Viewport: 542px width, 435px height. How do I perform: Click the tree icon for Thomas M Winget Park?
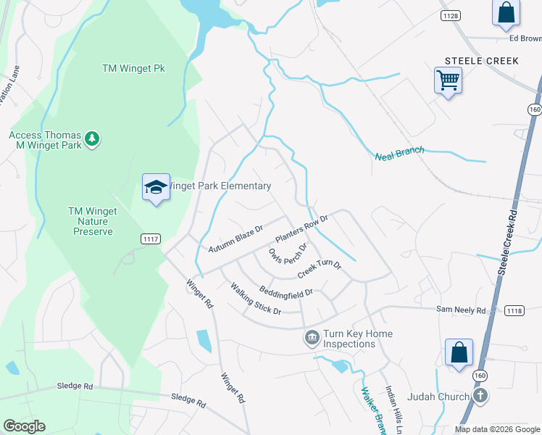point(91,138)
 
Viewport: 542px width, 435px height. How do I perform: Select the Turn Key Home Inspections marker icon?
point(312,338)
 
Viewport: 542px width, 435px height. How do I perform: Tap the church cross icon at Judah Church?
point(479,396)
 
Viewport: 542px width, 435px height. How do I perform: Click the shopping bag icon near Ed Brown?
point(505,12)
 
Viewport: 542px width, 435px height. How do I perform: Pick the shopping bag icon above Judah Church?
point(459,353)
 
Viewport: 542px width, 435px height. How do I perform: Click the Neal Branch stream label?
point(398,154)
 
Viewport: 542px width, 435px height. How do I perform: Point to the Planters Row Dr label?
point(302,229)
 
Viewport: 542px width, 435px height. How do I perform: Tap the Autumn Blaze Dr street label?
point(235,239)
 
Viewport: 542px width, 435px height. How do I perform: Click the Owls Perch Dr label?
point(288,255)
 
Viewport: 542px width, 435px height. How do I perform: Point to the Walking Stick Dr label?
point(255,299)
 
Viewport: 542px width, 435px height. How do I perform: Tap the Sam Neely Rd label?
point(461,310)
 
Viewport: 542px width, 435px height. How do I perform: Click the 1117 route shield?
point(151,239)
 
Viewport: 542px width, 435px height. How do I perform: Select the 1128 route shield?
point(451,15)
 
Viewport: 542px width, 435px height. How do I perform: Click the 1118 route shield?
point(514,310)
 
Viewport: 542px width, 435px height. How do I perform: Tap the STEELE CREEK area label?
point(482,61)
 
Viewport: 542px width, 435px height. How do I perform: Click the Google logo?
point(24,426)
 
